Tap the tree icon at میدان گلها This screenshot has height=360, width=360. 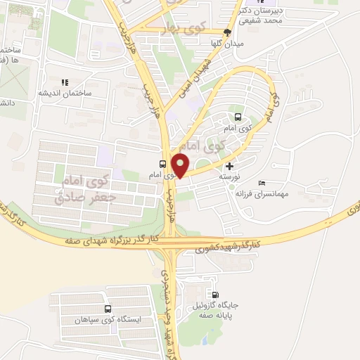coord(226,32)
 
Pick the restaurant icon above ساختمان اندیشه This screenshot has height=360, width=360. coord(65,83)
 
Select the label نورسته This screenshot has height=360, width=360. coord(229,178)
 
